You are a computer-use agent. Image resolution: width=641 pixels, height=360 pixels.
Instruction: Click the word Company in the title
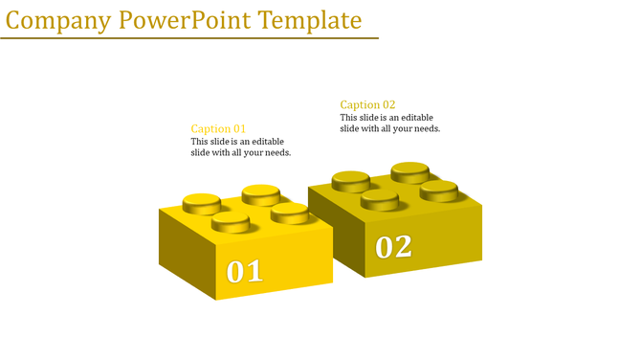tap(58, 20)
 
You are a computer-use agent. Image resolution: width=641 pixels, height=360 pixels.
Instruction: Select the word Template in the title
tap(309, 20)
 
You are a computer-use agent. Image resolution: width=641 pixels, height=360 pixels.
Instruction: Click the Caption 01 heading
tap(218, 128)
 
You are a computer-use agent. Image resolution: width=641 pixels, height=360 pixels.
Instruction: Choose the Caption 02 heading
tap(367, 104)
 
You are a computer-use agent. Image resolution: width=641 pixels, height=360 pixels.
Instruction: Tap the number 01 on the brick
tap(244, 272)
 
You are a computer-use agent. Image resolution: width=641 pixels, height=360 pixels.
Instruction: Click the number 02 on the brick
tap(393, 247)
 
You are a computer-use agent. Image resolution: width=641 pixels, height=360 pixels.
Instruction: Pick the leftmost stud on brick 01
tap(201, 203)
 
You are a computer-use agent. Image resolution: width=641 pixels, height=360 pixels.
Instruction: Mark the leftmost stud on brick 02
tap(351, 180)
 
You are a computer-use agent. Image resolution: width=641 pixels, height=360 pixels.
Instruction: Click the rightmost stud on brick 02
tap(438, 189)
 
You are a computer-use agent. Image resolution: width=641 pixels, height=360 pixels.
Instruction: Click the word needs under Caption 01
tap(277, 153)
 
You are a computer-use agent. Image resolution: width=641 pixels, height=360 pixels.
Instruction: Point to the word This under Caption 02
tap(351, 118)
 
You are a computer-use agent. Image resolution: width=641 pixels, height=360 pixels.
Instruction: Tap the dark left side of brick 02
tap(333, 230)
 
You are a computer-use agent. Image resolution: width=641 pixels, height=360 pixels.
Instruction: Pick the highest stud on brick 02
tap(409, 171)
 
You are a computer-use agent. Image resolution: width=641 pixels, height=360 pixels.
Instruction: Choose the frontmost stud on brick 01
tap(231, 223)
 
